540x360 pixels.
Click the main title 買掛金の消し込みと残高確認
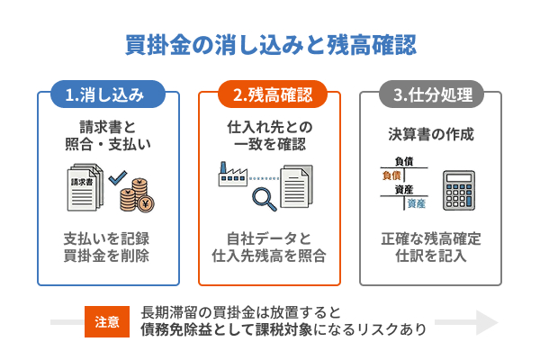(x=270, y=44)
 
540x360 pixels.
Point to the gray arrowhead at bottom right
(x=486, y=322)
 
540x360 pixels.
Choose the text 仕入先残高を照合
(x=270, y=256)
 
